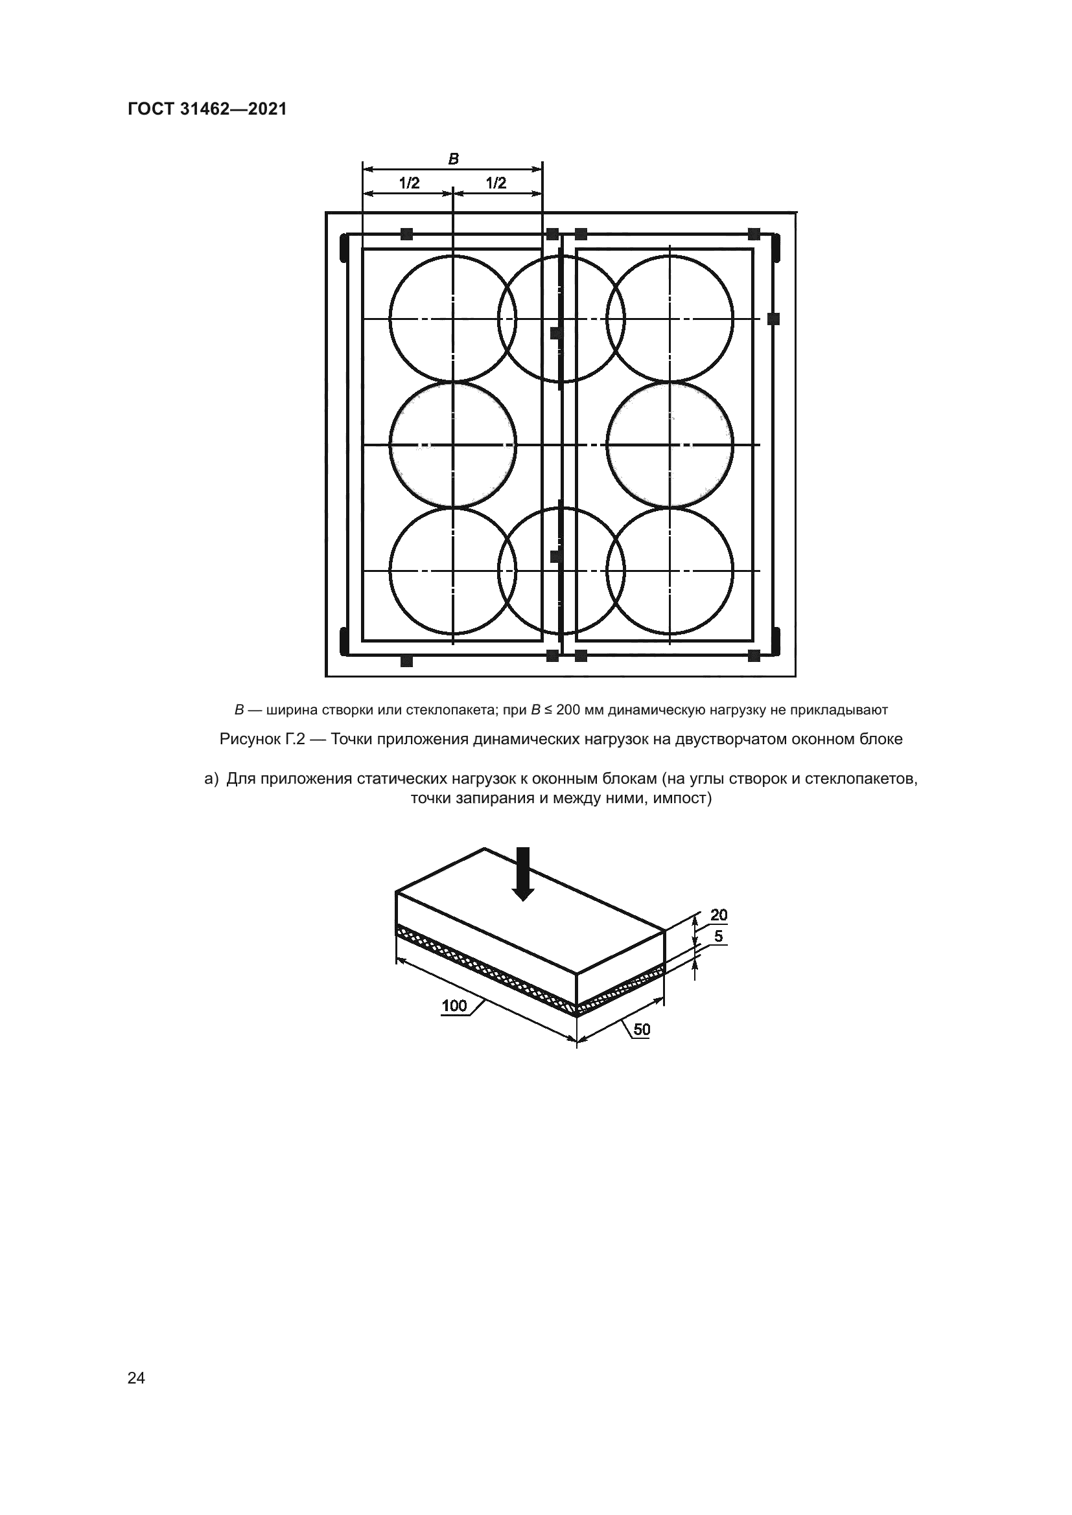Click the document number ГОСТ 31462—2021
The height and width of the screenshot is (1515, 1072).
point(207,109)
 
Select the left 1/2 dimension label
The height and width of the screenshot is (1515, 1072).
point(409,183)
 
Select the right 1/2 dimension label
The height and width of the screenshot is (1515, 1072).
point(496,183)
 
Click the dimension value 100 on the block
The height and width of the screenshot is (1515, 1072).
point(454,1006)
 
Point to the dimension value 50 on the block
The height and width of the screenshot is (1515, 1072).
point(642,1029)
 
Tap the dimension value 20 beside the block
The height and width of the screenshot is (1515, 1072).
point(719,915)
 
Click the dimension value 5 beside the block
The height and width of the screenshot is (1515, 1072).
point(718,937)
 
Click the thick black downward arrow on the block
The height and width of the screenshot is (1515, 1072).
point(523,874)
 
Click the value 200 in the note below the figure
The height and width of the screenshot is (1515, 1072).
point(568,710)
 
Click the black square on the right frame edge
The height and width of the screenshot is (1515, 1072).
point(774,319)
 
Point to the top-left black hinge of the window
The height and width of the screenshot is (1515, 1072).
point(344,249)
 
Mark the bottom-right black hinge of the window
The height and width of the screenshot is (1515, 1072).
point(776,640)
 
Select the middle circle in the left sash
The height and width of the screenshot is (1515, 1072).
point(453,445)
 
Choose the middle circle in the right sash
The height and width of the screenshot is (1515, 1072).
point(670,445)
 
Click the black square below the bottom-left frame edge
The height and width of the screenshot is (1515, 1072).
point(406,661)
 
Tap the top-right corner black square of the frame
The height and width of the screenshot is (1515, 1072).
point(754,234)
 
